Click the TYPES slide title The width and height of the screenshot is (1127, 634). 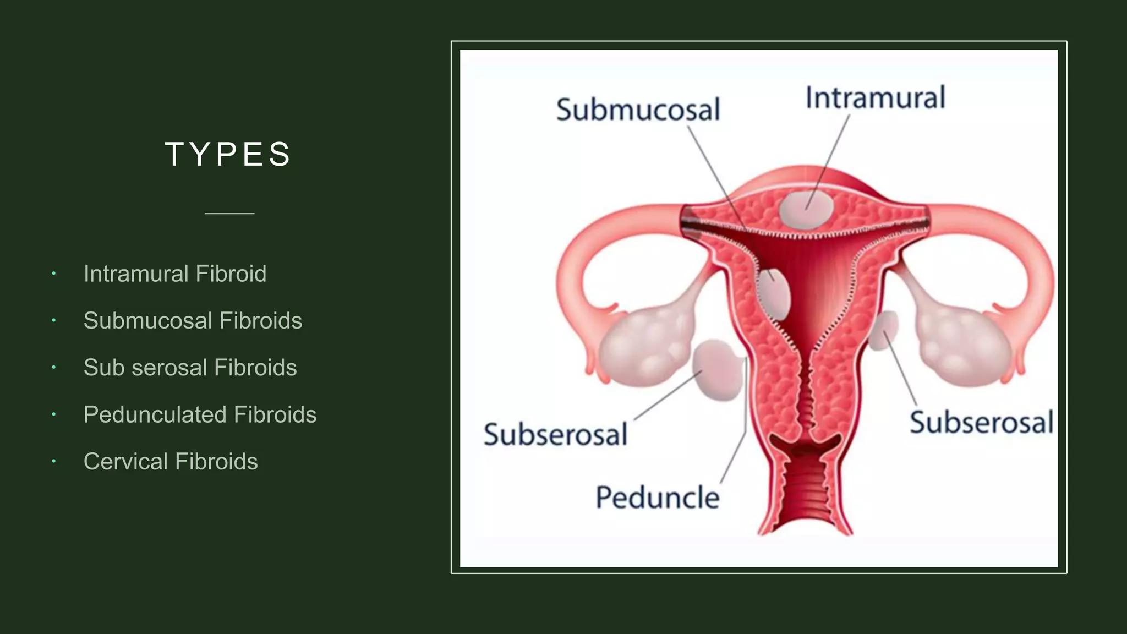(228, 154)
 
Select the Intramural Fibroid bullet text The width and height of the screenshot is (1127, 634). (175, 274)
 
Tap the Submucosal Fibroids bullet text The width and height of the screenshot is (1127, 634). (193, 320)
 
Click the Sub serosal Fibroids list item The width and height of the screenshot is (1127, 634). (190, 368)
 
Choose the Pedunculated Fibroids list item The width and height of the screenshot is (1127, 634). (200, 414)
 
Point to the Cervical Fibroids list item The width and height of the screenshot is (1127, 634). (171, 461)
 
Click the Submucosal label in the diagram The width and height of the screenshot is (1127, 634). (638, 109)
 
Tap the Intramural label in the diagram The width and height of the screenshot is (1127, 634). (875, 98)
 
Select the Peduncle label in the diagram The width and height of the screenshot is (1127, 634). (658, 498)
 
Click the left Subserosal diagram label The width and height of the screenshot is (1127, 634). (555, 434)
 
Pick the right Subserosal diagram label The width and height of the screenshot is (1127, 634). (981, 422)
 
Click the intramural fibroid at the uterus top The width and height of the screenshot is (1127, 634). (806, 209)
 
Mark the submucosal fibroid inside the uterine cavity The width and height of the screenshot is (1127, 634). (774, 294)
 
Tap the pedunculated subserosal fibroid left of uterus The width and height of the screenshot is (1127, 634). (717, 370)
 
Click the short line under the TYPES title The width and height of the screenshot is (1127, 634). (229, 213)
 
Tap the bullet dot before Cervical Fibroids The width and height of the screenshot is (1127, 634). (54, 461)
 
